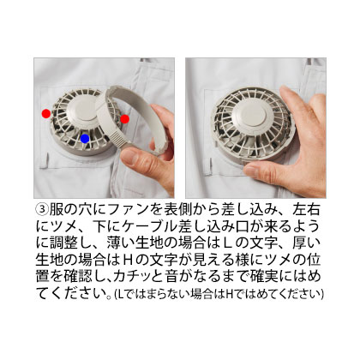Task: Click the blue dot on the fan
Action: click(x=85, y=139)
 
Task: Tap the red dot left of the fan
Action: click(x=46, y=114)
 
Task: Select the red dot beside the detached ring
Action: click(x=124, y=119)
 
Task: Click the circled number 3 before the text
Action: click(x=42, y=210)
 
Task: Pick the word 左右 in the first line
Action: click(x=305, y=210)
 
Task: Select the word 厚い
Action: click(x=306, y=243)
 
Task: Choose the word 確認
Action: click(x=78, y=277)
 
